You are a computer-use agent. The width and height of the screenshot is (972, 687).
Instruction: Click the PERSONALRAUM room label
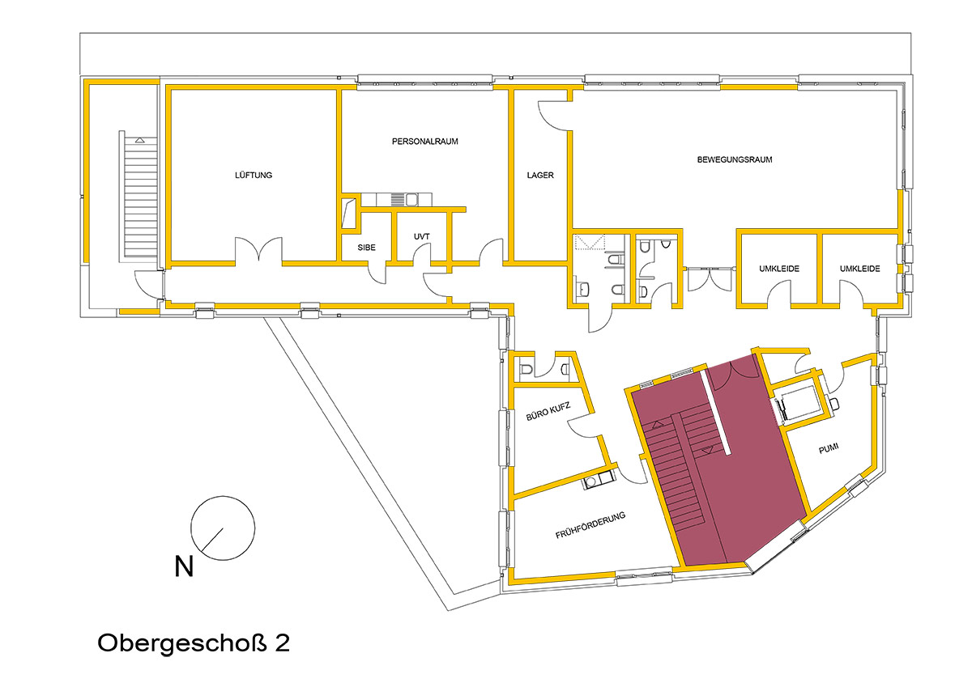(x=424, y=142)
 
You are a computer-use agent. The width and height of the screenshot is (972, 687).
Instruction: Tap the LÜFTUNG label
(x=254, y=175)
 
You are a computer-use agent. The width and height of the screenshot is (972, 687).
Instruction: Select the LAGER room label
(x=540, y=175)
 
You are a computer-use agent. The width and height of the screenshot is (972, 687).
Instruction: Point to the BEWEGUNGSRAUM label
(x=735, y=159)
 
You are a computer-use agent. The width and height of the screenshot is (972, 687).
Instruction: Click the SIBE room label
(x=367, y=248)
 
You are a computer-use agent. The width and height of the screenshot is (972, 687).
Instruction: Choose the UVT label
(x=421, y=236)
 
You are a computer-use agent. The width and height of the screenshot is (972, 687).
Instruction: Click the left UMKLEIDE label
(x=779, y=269)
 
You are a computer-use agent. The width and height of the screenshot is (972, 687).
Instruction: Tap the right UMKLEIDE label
(x=860, y=269)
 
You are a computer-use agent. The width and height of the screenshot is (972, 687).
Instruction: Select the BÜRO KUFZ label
(x=548, y=411)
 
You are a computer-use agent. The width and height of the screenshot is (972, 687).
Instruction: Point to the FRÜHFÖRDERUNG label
(x=590, y=524)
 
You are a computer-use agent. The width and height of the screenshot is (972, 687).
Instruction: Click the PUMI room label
(x=829, y=448)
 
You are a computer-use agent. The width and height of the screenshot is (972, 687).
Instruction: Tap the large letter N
(x=184, y=566)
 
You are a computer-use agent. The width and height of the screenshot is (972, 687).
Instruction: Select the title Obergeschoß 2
(x=194, y=642)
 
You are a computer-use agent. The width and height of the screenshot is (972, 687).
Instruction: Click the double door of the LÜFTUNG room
(x=259, y=250)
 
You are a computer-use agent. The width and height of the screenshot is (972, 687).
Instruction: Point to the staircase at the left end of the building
(x=139, y=197)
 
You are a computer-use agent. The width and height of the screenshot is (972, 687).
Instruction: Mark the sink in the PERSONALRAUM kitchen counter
(x=411, y=199)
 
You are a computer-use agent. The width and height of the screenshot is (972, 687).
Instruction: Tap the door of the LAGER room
(x=554, y=115)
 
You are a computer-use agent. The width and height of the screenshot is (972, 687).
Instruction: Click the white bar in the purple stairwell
(x=715, y=409)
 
